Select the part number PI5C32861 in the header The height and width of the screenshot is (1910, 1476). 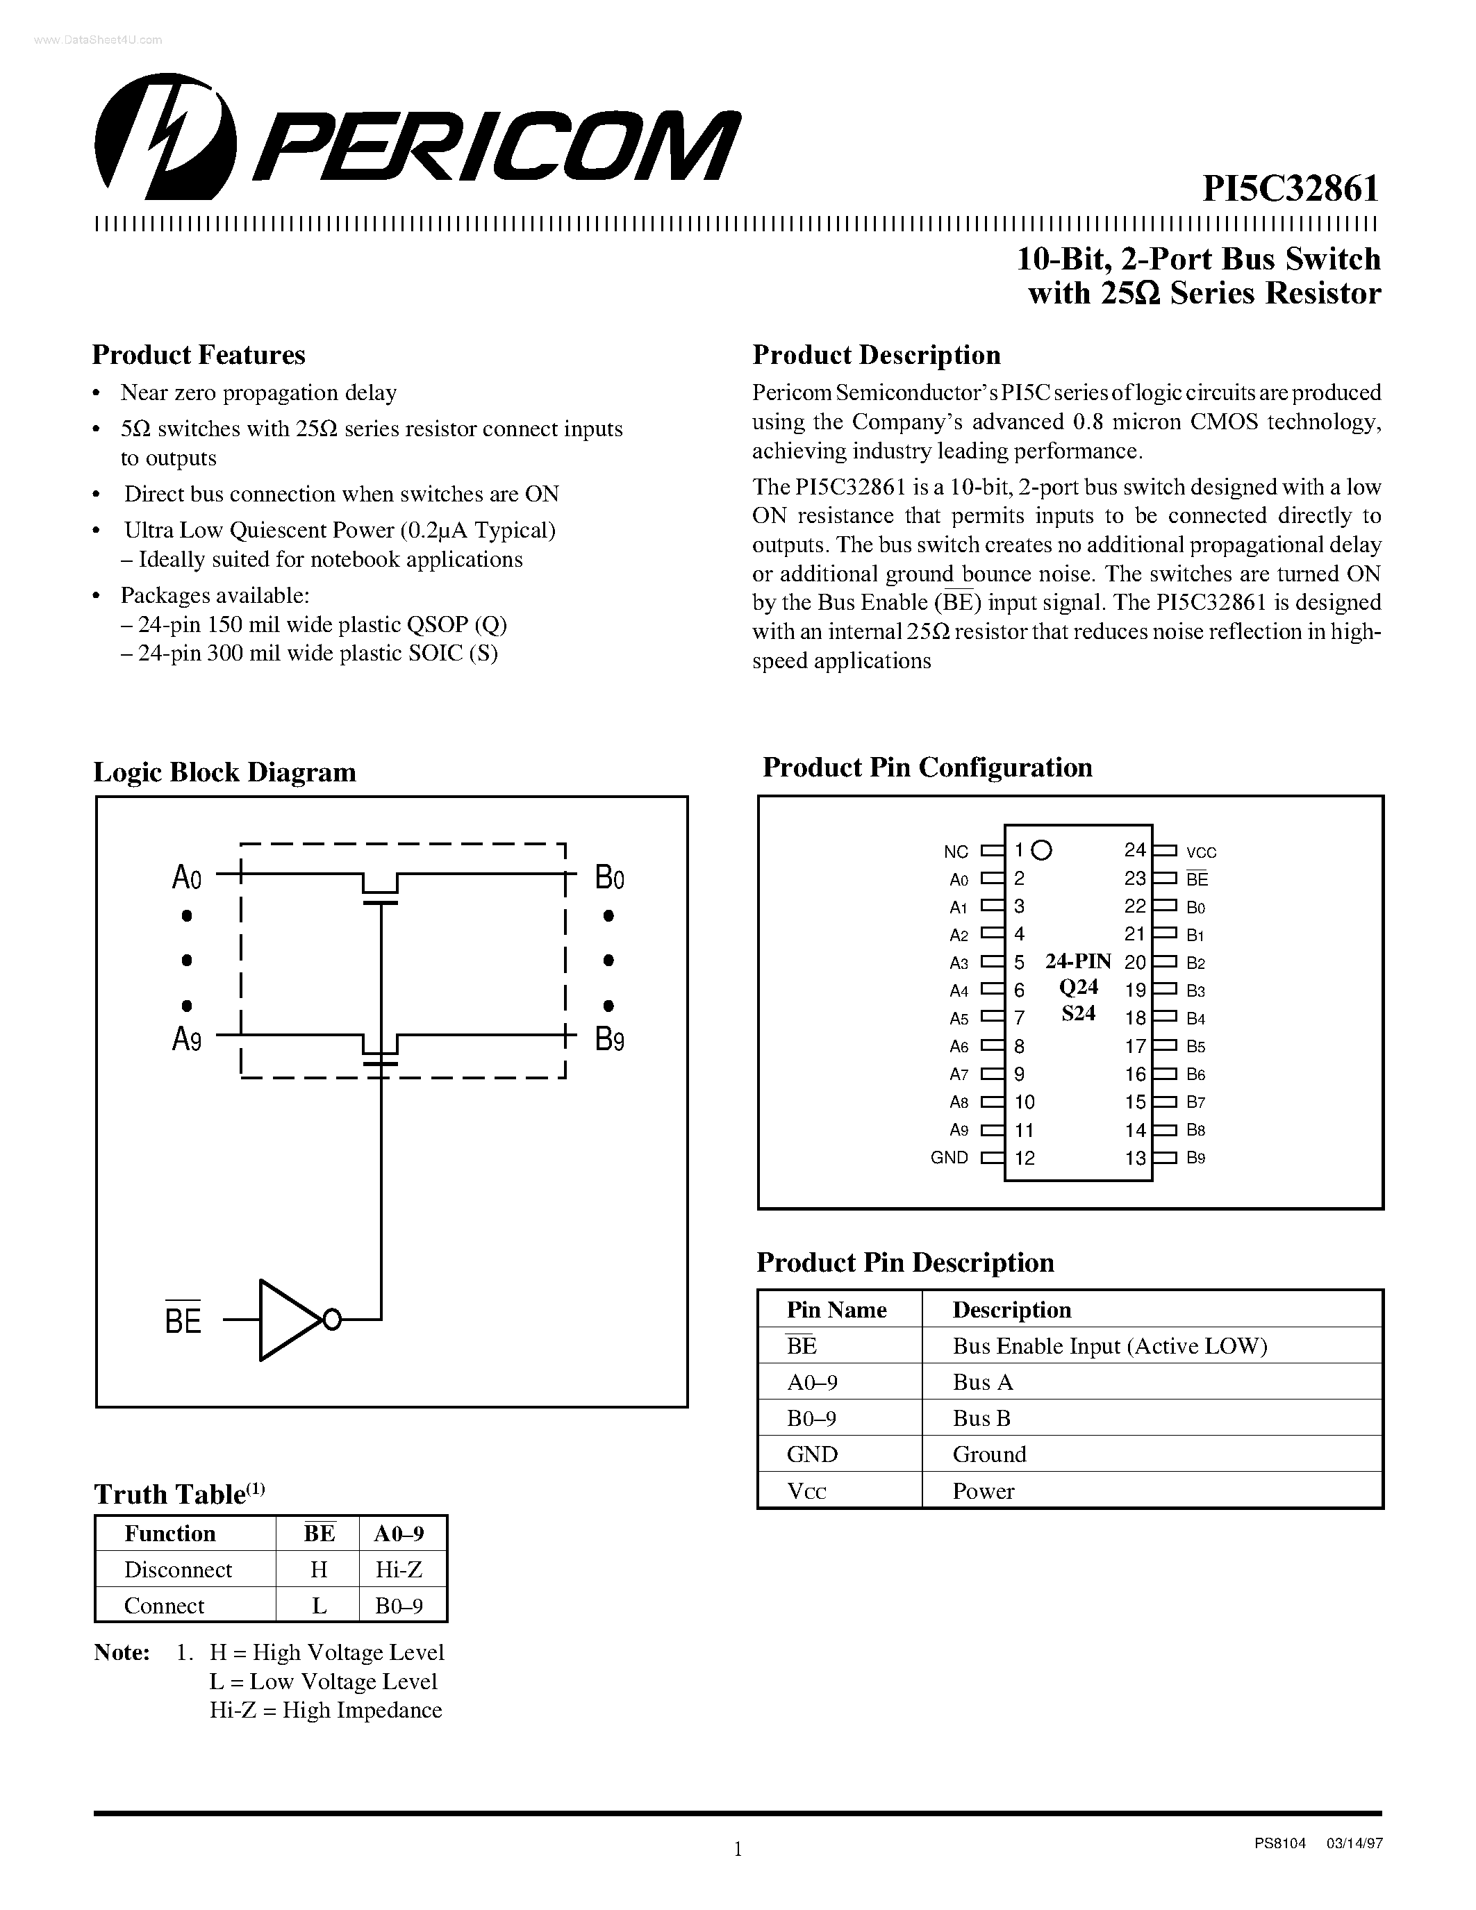tap(1291, 188)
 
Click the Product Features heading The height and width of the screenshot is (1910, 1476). tap(199, 355)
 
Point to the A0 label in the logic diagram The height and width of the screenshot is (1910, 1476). tap(187, 877)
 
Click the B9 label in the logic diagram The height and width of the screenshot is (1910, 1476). tap(609, 1039)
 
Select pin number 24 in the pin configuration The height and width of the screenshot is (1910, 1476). tap(1135, 849)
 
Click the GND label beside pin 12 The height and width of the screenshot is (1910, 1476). tap(949, 1158)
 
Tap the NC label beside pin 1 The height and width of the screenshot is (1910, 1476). tap(956, 852)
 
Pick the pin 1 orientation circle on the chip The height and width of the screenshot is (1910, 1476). tap(1041, 849)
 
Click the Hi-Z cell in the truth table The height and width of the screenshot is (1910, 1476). tap(399, 1570)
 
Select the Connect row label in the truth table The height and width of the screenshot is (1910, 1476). tap(165, 1606)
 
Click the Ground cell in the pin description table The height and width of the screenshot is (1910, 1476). tap(989, 1454)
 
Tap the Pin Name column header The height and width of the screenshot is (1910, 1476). tap(836, 1309)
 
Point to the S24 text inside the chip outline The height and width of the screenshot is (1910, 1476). tap(1078, 1013)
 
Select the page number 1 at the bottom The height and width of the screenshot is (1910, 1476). tap(737, 1848)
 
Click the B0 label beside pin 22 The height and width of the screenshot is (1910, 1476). tap(1195, 908)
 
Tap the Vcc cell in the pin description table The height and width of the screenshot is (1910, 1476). tap(806, 1491)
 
